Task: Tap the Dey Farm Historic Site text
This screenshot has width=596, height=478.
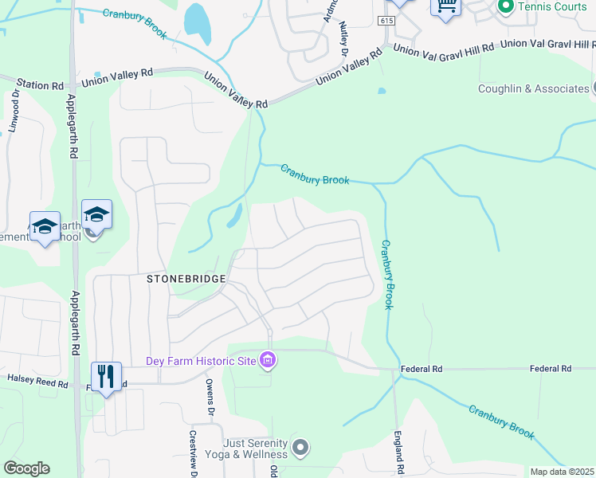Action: point(200,361)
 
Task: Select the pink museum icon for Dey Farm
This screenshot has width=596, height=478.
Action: point(268,361)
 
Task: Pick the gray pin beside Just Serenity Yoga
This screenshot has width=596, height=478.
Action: point(300,447)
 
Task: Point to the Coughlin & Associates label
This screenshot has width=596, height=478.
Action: point(533,88)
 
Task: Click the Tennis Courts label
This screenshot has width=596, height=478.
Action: point(552,6)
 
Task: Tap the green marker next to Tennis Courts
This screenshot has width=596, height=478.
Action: point(504,6)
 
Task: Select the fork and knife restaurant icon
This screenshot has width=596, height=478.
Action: point(106,376)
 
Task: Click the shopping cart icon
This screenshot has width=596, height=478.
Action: point(446,6)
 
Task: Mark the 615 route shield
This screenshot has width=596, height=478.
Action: point(387,21)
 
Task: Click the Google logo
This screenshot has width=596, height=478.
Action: point(26,468)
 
